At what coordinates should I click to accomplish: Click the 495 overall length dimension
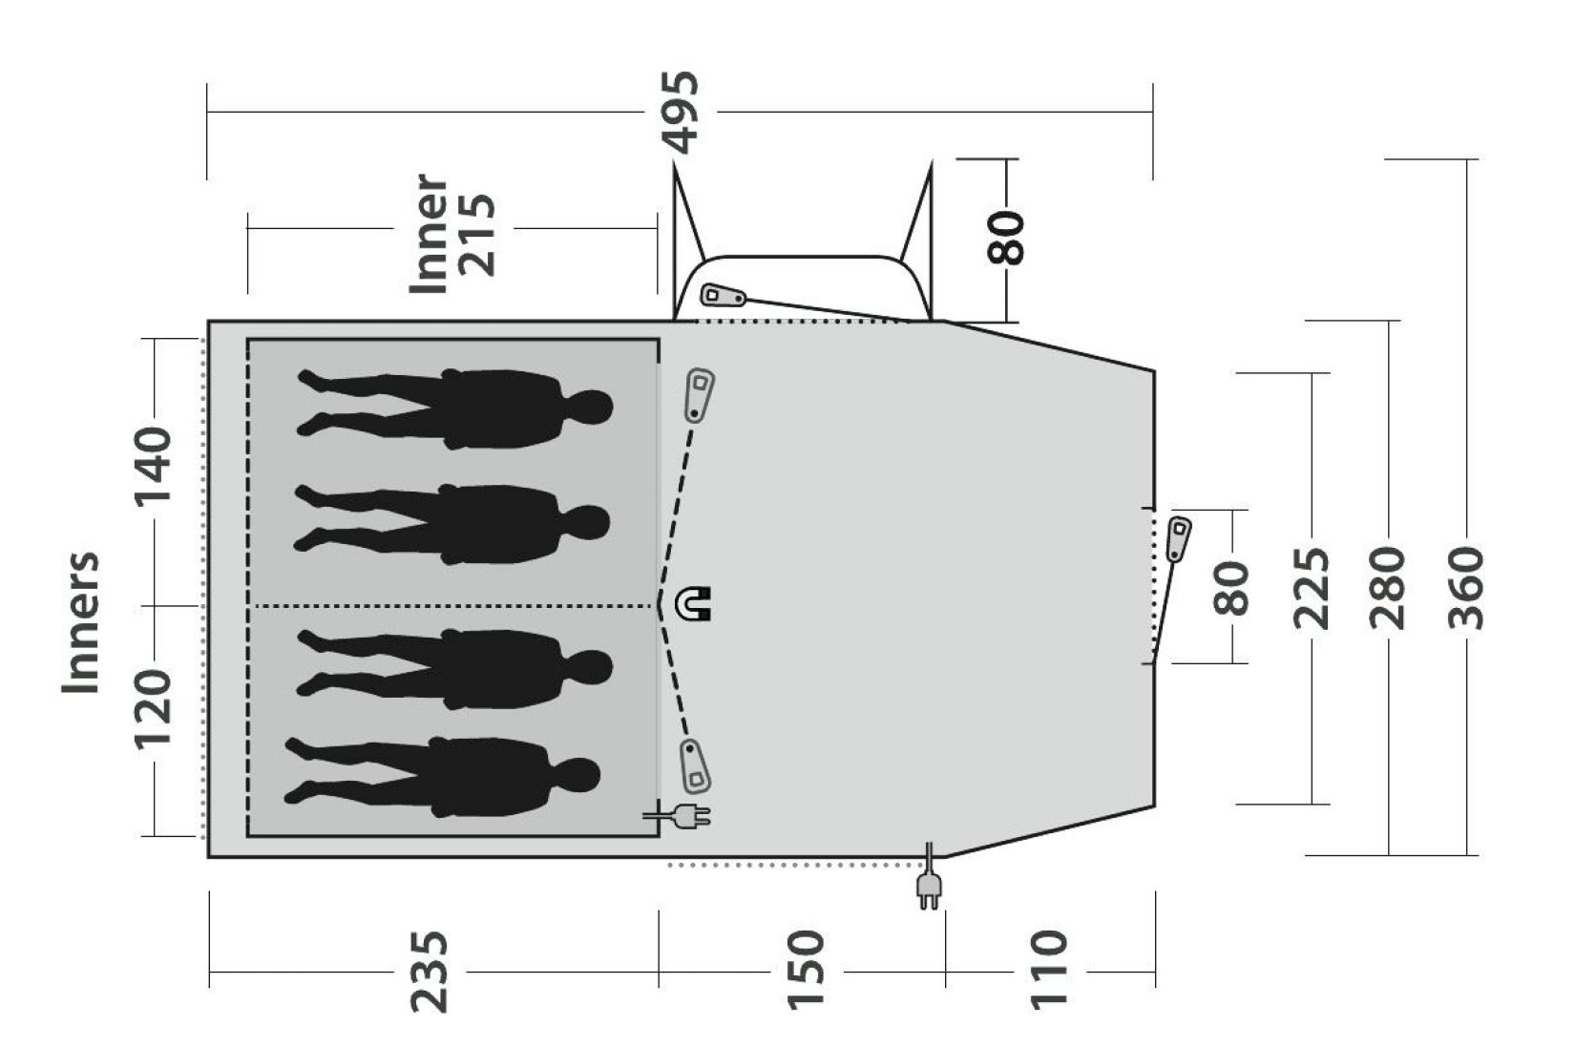pyautogui.click(x=681, y=113)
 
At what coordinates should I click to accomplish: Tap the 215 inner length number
pyautogui.click(x=476, y=234)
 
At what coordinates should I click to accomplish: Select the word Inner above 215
pyautogui.click(x=429, y=234)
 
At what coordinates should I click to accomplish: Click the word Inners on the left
pyautogui.click(x=81, y=622)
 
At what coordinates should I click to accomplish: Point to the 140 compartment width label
pyautogui.click(x=153, y=466)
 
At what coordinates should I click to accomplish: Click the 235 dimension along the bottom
pyautogui.click(x=429, y=972)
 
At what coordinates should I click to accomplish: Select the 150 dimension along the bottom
pyautogui.click(x=805, y=971)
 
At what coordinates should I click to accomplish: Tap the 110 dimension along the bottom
pyautogui.click(x=1048, y=971)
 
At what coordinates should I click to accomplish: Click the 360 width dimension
pyautogui.click(x=1466, y=588)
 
